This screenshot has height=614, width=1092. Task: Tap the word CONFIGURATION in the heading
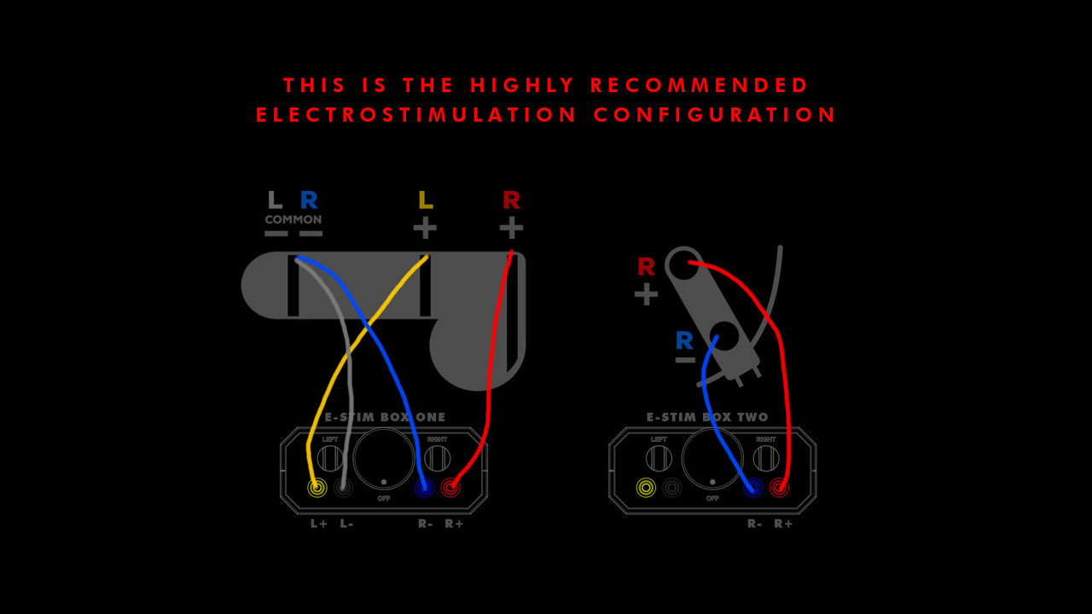click(x=715, y=115)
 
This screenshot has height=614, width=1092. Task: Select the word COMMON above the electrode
click(x=293, y=219)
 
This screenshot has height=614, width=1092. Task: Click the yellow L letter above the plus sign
click(x=425, y=200)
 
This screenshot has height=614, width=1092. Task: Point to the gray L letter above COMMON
click(x=275, y=200)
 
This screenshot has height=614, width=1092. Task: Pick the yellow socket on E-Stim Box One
click(x=317, y=487)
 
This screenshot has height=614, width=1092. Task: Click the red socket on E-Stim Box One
click(x=450, y=487)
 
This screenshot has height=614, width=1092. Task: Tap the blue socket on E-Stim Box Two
click(x=752, y=488)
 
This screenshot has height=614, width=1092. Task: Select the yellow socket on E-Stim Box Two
click(x=646, y=488)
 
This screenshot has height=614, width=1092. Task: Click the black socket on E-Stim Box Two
click(x=671, y=488)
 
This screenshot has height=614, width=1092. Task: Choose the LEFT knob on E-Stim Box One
click(x=330, y=459)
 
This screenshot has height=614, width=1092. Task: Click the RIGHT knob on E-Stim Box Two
click(x=766, y=459)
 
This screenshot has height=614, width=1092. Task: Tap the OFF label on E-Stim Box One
click(x=384, y=499)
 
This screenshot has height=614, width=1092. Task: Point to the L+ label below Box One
click(x=319, y=524)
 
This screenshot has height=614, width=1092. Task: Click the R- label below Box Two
click(x=755, y=524)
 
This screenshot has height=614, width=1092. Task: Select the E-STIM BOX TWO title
click(x=707, y=417)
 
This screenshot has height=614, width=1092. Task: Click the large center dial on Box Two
click(x=712, y=459)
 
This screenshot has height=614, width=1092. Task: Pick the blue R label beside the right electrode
click(x=684, y=340)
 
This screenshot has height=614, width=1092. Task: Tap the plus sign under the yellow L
click(x=425, y=228)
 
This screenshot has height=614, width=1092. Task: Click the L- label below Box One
click(x=346, y=524)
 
